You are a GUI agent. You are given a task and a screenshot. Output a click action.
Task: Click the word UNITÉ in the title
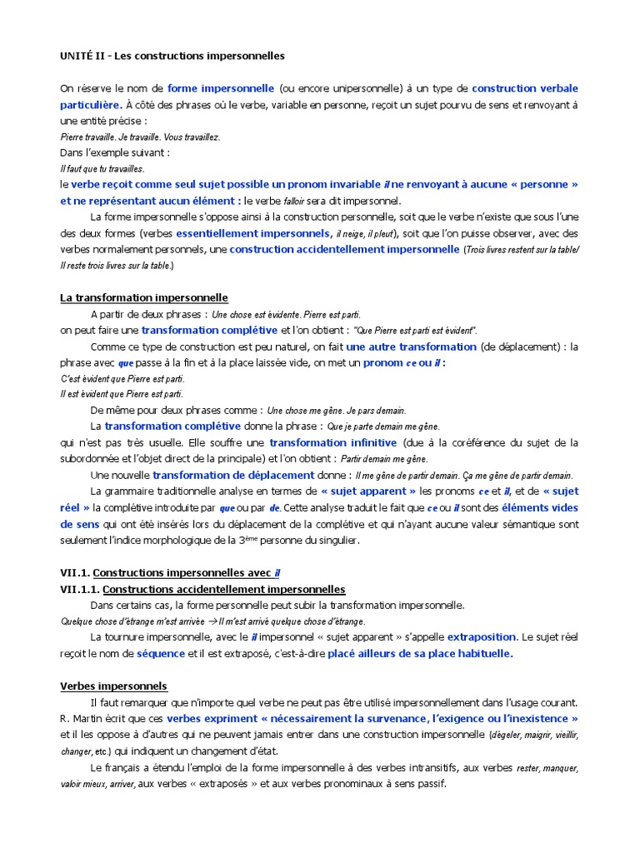pyautogui.click(x=77, y=56)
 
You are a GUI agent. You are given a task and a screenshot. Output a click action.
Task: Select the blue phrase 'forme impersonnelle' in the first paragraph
pyautogui.click(x=221, y=88)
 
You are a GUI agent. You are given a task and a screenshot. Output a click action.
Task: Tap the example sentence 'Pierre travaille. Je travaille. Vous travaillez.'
pyautogui.click(x=140, y=137)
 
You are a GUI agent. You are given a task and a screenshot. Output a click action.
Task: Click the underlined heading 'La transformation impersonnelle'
pyautogui.click(x=143, y=297)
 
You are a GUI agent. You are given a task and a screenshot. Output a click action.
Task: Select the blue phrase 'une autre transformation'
pyautogui.click(x=411, y=347)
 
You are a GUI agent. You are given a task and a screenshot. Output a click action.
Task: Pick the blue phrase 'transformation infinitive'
pyautogui.click(x=333, y=443)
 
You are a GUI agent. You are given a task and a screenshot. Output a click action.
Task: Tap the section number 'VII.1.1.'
pyautogui.click(x=74, y=589)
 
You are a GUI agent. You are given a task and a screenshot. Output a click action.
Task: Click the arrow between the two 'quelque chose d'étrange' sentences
pyautogui.click(x=212, y=621)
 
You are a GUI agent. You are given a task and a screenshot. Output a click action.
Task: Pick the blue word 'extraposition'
pyautogui.click(x=482, y=637)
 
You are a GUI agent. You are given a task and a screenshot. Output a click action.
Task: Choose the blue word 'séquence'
pyautogui.click(x=162, y=654)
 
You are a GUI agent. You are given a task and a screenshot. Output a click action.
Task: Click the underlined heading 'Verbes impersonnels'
pyautogui.click(x=113, y=686)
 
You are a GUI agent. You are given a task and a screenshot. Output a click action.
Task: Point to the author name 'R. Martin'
pyautogui.click(x=82, y=719)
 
